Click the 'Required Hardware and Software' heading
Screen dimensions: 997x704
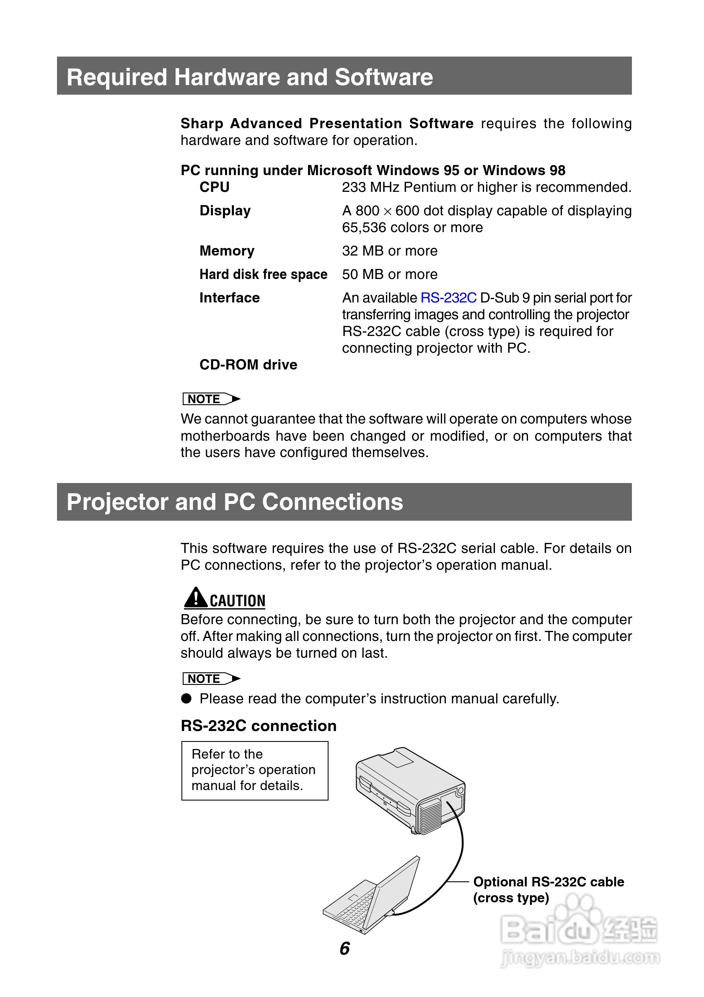250,77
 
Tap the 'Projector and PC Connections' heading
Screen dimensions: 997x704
235,502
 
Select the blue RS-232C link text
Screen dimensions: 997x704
448,298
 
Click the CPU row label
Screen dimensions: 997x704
214,187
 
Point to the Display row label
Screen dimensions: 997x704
225,211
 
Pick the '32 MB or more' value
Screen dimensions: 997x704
390,251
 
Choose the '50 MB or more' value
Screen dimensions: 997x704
390,274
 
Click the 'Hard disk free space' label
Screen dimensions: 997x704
263,274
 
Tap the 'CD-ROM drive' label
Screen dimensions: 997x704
248,365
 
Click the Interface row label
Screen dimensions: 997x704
229,298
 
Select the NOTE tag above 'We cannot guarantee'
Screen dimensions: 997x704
211,399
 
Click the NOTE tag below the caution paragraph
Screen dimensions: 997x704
211,679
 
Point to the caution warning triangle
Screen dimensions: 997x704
195,598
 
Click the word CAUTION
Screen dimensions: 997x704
237,601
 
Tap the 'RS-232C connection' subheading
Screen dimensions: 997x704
259,726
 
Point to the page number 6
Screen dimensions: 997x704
344,948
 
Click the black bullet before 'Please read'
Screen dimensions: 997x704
186,698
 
